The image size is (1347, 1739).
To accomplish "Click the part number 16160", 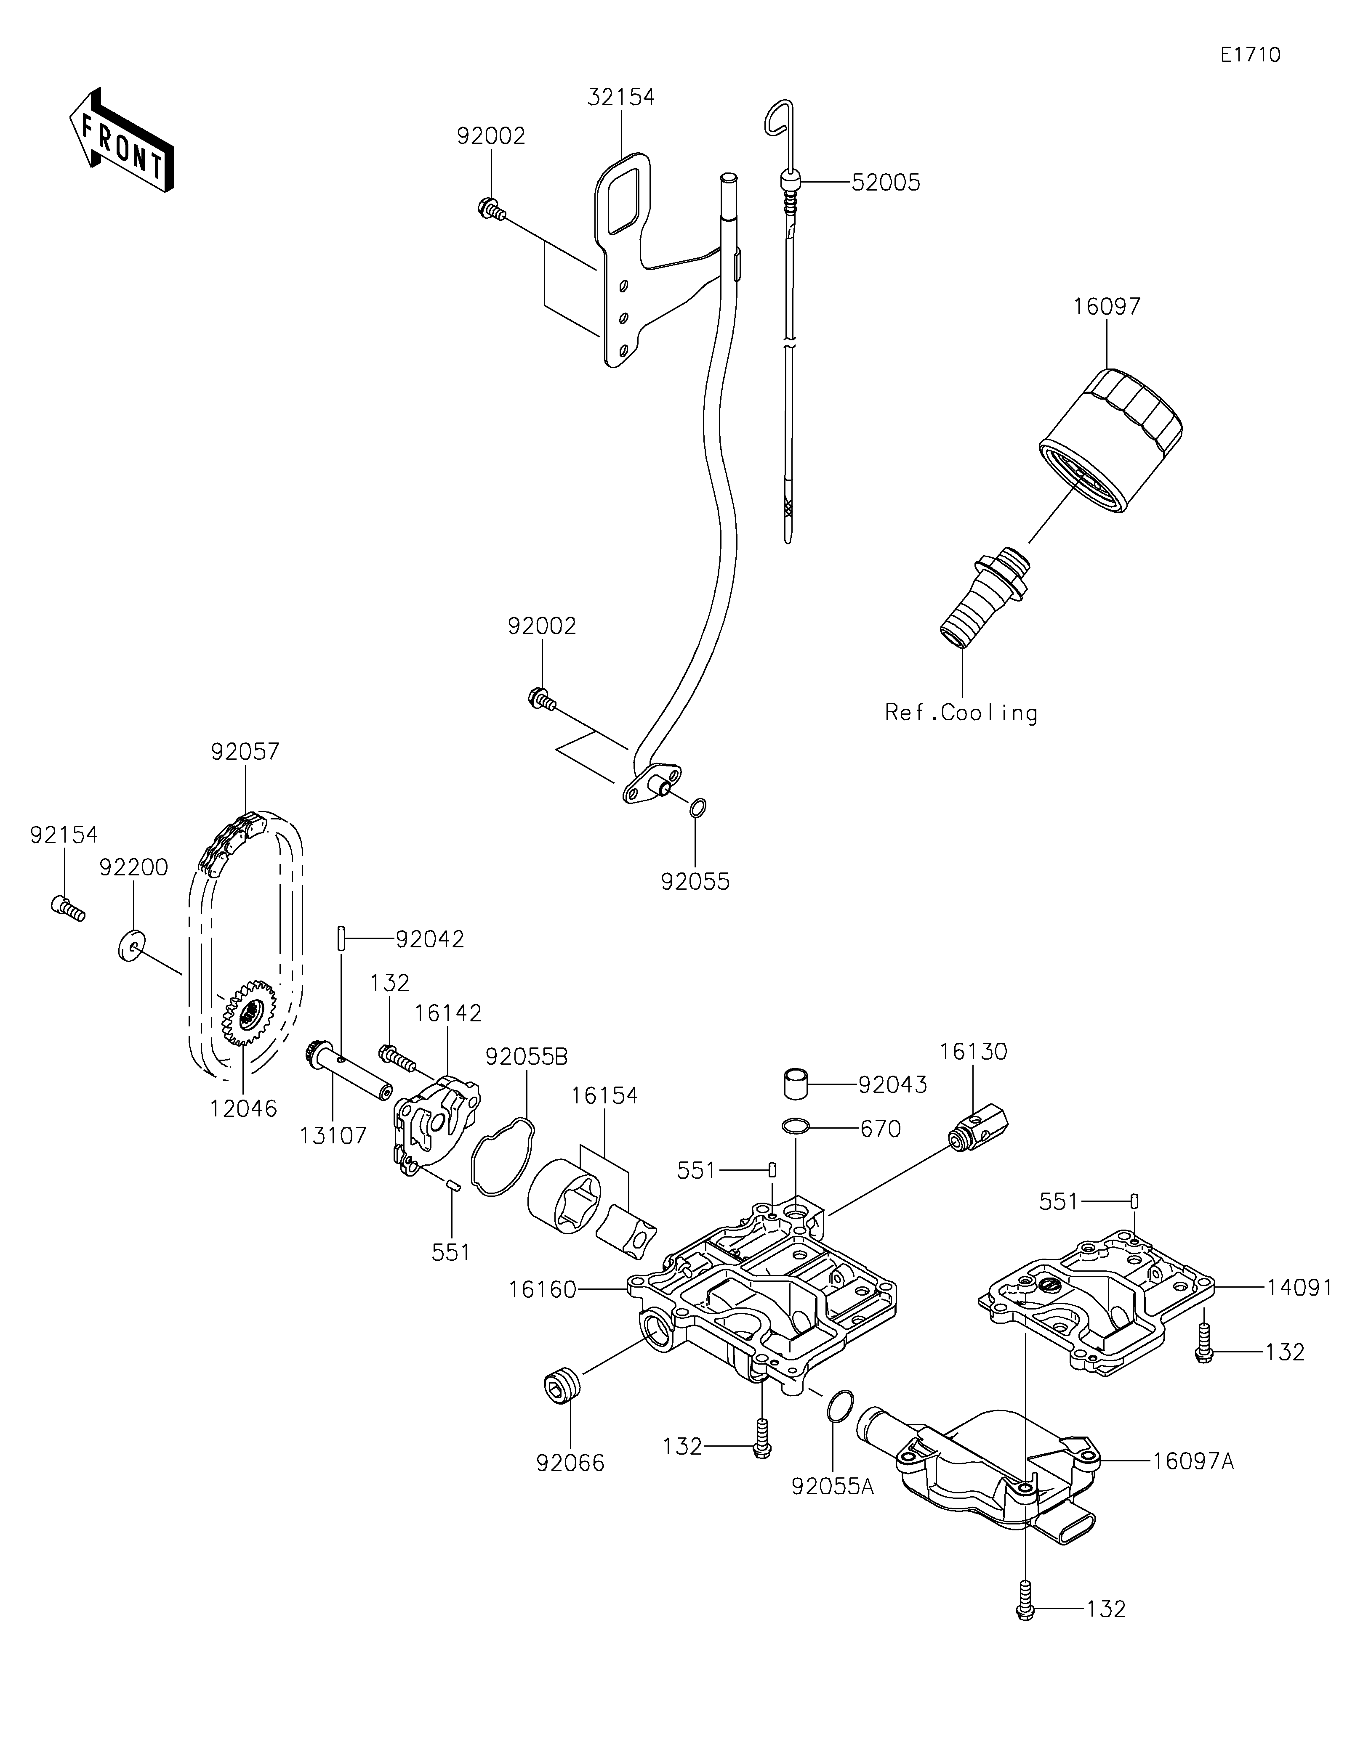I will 543,1289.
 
